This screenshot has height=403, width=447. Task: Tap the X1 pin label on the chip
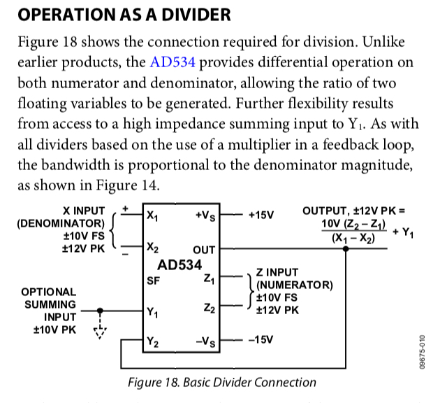pos(152,217)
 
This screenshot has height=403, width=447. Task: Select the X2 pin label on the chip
pos(152,247)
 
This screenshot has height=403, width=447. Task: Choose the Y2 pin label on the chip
pos(152,342)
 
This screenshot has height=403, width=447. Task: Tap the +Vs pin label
pos(206,217)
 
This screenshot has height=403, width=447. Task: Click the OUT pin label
pos(204,249)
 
